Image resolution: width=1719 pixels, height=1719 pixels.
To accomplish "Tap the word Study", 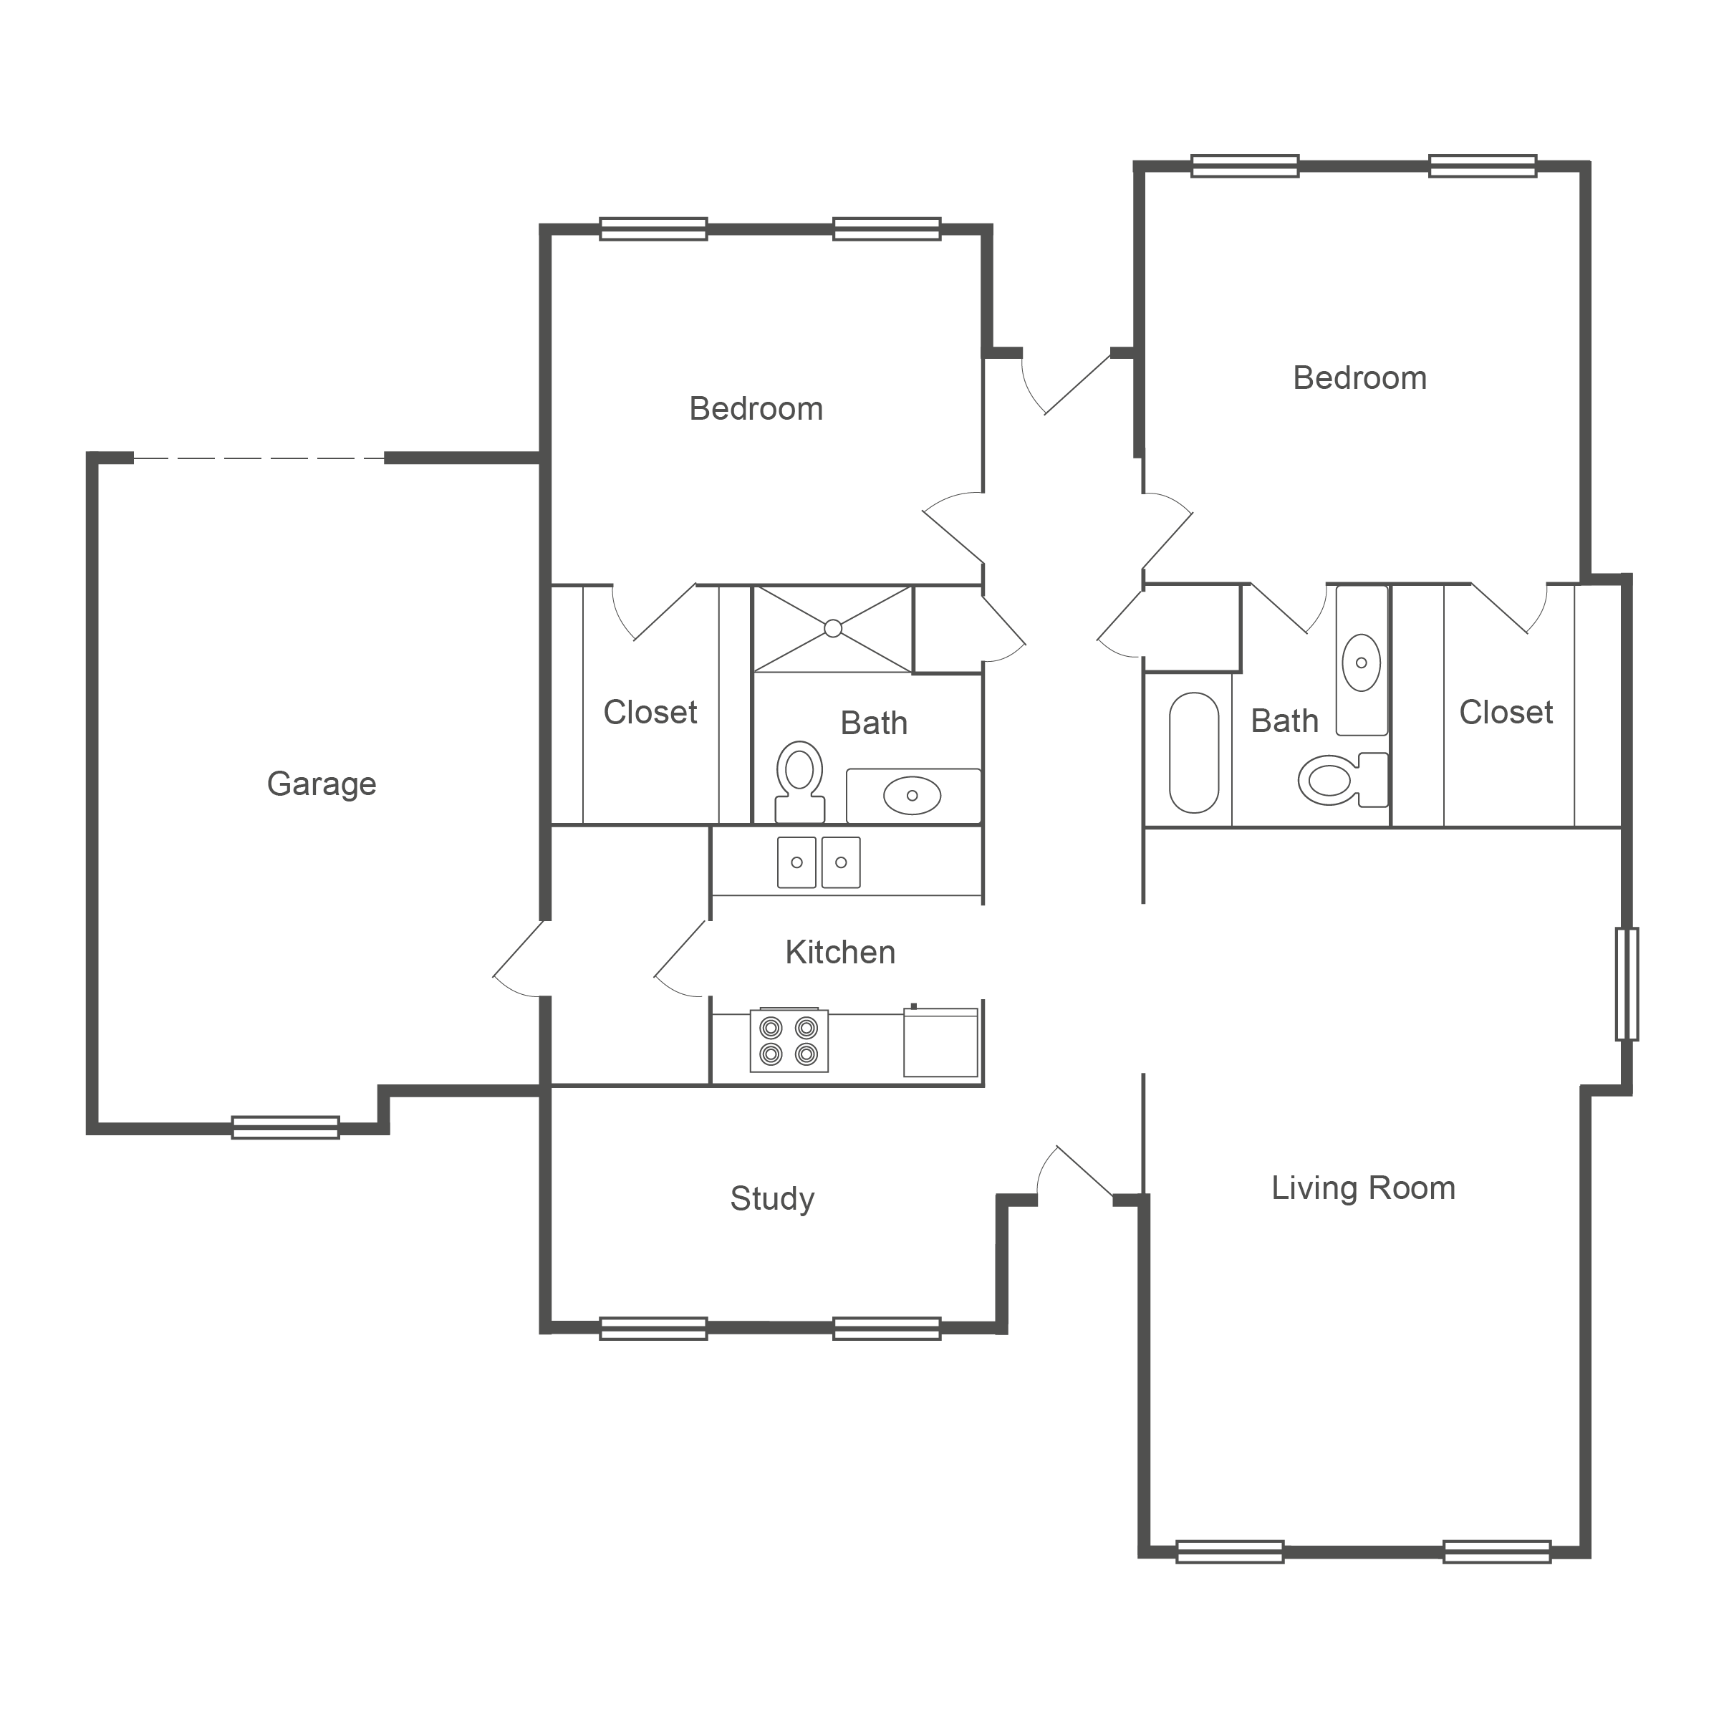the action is [772, 1198].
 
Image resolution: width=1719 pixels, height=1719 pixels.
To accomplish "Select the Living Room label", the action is [1363, 1188].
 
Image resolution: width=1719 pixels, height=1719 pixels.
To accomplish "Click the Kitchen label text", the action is [840, 952].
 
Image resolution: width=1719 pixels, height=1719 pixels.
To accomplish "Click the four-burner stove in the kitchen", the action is [789, 1040].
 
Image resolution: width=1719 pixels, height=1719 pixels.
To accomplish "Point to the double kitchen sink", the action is [819, 862].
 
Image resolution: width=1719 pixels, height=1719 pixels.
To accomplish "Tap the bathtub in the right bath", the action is [1193, 753].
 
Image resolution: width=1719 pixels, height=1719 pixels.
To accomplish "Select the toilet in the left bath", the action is [799, 782].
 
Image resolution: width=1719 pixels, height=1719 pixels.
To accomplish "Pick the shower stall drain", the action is [833, 628].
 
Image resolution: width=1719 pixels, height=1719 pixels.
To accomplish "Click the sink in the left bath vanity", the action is [912, 796].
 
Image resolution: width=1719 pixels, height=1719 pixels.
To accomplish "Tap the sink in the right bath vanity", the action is [1362, 663].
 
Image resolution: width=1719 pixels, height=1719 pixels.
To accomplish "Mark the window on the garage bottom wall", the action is [286, 1127].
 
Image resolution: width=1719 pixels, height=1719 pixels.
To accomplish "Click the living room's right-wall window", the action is [1627, 984].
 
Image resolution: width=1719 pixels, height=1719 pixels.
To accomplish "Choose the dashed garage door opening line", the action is [259, 458].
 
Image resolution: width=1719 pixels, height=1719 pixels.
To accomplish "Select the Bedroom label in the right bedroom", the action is [1359, 378].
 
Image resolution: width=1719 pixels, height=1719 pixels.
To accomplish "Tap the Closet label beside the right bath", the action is [1506, 712].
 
